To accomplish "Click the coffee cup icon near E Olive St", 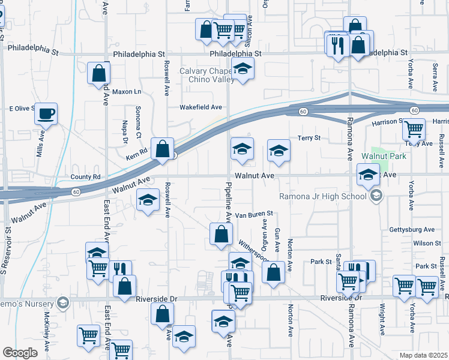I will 46,113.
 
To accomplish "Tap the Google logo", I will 20,353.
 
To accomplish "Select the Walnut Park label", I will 384,157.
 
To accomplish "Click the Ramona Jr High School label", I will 322,196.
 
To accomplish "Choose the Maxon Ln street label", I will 126,92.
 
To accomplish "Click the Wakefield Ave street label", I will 201,107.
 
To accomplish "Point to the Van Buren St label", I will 253,214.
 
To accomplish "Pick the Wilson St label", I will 427,243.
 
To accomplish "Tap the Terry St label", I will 309,139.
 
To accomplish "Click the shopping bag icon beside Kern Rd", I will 162,149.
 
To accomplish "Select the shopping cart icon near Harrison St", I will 414,129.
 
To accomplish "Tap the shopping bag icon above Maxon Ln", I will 98,74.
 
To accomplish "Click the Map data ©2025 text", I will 424,355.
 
